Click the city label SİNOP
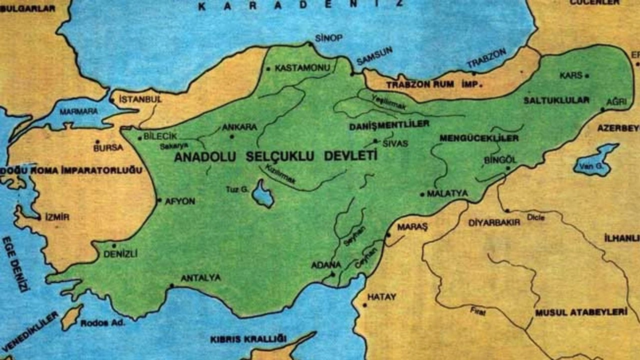point(328,38)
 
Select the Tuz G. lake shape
point(263,194)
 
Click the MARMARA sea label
point(78,111)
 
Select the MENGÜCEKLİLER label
point(478,138)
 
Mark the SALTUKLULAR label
point(556,100)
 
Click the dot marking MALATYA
point(423,194)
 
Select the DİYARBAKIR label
point(494,222)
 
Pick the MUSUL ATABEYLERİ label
point(580,312)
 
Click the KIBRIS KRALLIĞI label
point(248,339)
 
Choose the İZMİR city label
point(57,217)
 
